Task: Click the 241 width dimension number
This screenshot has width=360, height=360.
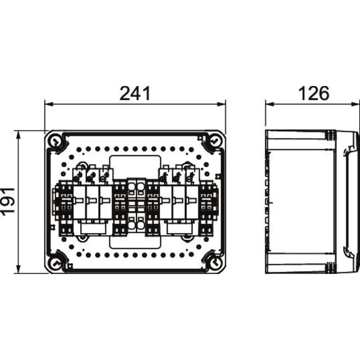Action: click(135, 94)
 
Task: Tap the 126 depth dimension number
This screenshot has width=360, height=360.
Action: click(314, 94)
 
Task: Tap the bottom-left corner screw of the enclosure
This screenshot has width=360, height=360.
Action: click(55, 262)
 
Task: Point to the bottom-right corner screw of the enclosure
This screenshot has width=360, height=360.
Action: click(215, 262)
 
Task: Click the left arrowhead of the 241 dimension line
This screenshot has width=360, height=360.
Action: click(49, 104)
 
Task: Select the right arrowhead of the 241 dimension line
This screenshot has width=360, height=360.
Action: click(221, 104)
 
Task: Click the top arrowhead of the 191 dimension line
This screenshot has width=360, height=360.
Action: click(18, 135)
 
